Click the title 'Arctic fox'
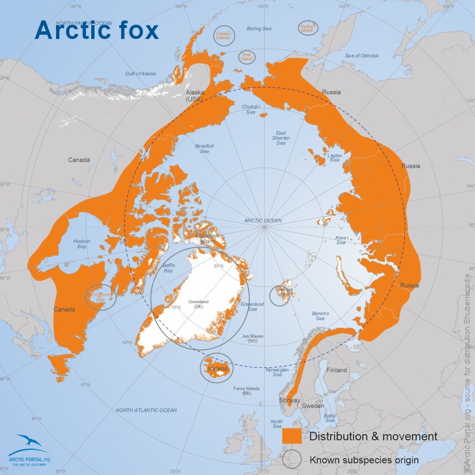click(96, 30)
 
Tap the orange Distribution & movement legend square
click(292, 436)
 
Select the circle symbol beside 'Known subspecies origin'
click(292, 459)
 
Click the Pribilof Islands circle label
click(224, 37)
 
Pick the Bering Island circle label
click(307, 28)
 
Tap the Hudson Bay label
click(82, 244)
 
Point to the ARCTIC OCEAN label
click(263, 220)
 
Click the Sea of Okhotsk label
click(362, 56)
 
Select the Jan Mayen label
click(253, 339)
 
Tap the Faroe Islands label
click(247, 391)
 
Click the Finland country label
click(337, 370)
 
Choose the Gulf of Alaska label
click(141, 74)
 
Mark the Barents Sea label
click(321, 316)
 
